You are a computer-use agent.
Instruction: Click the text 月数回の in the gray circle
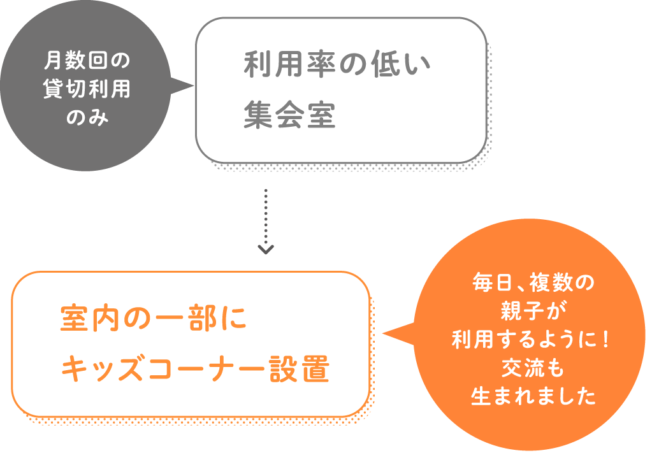(87, 61)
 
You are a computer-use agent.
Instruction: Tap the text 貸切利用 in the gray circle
(87, 89)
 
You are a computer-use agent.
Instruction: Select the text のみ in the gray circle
(87, 117)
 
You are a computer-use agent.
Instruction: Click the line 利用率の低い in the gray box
(337, 64)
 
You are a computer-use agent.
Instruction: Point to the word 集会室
(289, 114)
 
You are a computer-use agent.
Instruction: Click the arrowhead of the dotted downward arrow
(266, 249)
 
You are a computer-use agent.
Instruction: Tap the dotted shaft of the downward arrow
(266, 216)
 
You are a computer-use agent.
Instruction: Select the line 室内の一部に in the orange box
(154, 319)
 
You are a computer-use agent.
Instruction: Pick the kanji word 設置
(300, 369)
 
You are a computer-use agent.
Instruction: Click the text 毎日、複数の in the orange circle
(533, 283)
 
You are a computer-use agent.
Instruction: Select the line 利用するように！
(530, 340)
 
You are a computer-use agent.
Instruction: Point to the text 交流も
(533, 368)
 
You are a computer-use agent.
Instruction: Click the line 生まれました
(533, 396)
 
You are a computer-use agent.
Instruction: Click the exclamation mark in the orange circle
(605, 340)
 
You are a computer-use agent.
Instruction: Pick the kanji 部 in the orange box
(203, 319)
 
